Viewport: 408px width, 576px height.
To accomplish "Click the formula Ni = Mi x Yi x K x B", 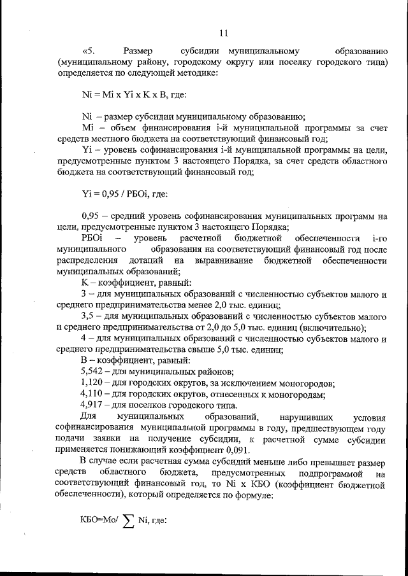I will pos(125,94).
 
